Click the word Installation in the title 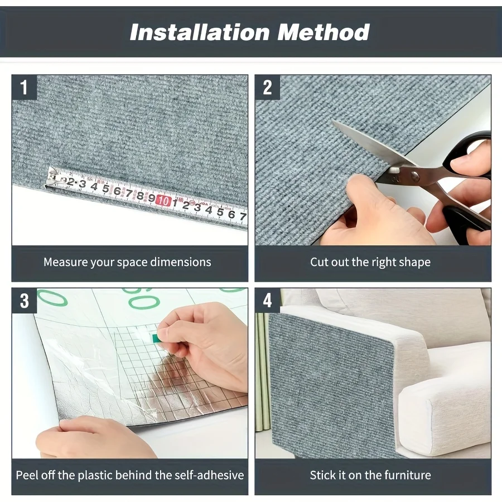[x=200, y=32]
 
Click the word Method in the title [x=324, y=32]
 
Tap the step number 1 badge [x=25, y=88]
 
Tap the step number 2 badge [x=267, y=88]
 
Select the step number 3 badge [x=25, y=301]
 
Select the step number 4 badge [x=267, y=301]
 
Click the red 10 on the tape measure [x=163, y=201]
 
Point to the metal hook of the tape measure [x=51, y=179]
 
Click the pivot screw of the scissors [x=415, y=176]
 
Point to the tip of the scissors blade [x=332, y=120]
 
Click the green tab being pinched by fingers [x=157, y=338]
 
